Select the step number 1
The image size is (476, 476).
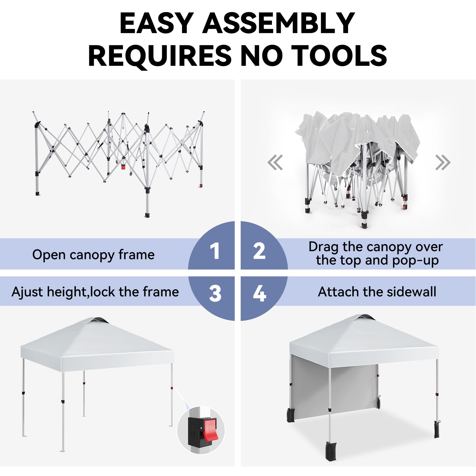(214, 251)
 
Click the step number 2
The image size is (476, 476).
(259, 251)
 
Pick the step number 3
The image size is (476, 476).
(215, 293)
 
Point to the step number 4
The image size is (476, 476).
(259, 293)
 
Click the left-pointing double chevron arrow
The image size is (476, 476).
(275, 162)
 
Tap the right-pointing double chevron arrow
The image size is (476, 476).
(443, 162)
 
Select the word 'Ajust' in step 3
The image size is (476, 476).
(27, 292)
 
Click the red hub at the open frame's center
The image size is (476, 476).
(123, 167)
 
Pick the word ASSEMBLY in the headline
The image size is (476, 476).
(279, 23)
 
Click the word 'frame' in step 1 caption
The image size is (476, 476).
(137, 255)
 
